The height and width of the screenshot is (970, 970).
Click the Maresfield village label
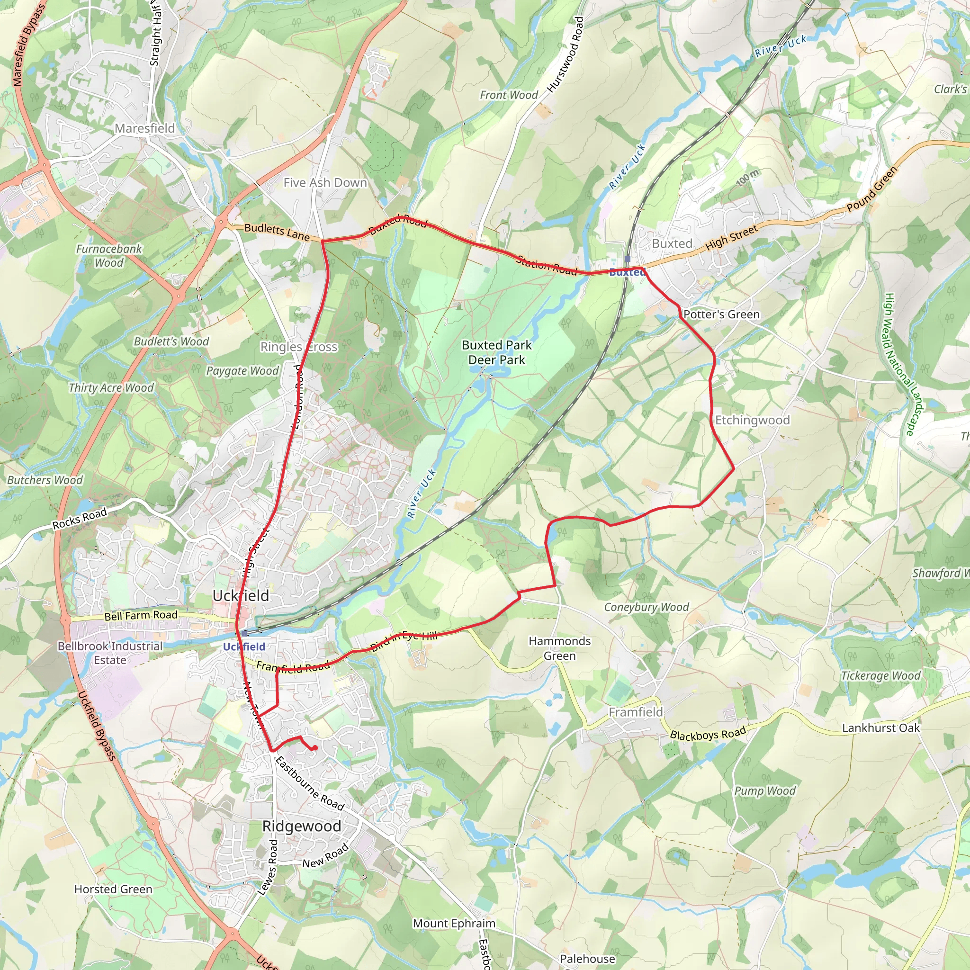point(144,128)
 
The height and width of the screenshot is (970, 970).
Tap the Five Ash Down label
point(325,183)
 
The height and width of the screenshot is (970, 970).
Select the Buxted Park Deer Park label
point(496,352)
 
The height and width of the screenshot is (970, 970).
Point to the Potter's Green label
point(721,314)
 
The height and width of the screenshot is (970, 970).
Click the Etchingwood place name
point(752,420)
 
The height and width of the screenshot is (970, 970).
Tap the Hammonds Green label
point(559,648)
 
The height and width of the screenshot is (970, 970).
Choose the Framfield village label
point(636,712)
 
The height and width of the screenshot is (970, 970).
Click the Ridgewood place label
point(302,826)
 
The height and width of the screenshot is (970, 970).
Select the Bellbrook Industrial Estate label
point(110,653)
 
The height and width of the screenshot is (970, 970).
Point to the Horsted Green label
point(114,889)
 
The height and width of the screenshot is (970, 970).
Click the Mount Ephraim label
point(454,923)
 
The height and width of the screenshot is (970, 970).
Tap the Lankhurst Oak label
point(880,728)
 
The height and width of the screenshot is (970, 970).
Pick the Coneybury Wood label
point(646,608)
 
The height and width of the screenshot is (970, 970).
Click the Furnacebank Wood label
point(109,256)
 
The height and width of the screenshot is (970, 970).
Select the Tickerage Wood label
point(881,676)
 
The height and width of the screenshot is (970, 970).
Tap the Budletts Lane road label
point(277,232)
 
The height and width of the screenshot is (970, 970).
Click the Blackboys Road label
point(708,735)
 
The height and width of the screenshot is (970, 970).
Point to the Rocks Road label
point(80,518)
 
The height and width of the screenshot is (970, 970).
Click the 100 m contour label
point(748,177)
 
